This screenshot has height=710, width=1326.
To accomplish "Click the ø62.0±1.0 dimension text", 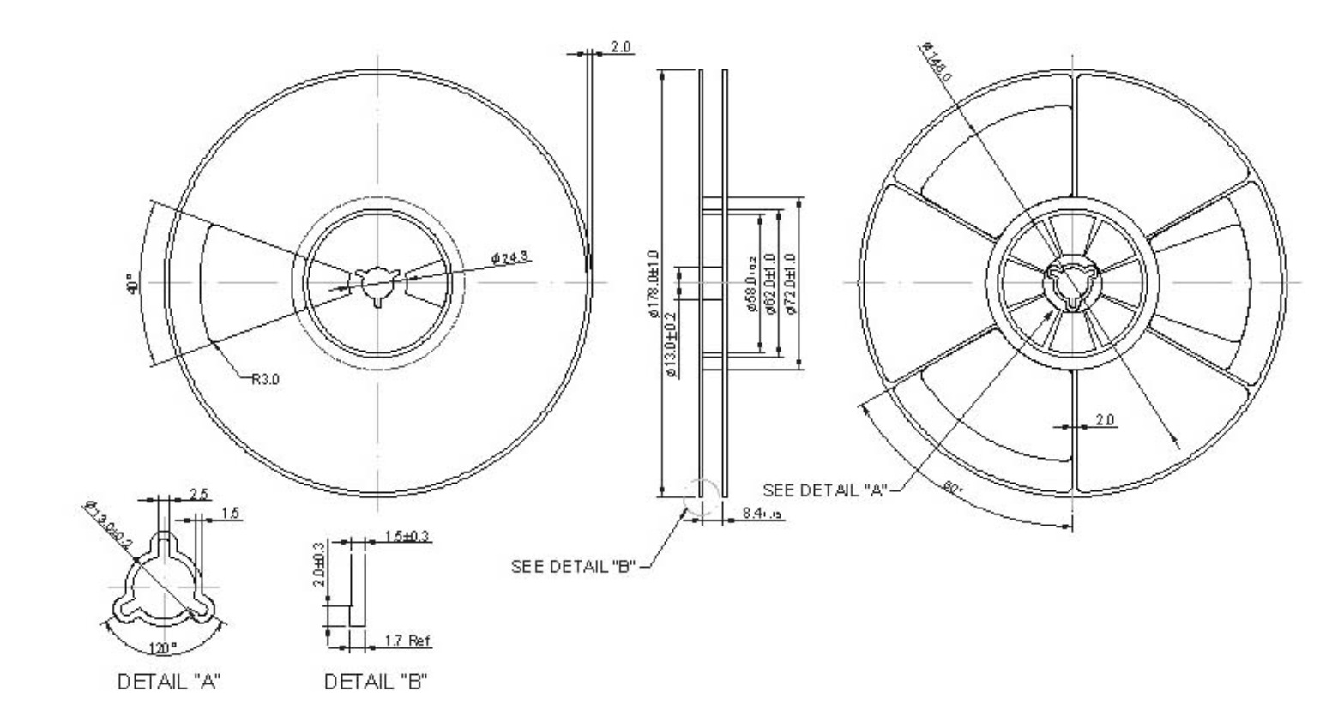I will click(769, 284).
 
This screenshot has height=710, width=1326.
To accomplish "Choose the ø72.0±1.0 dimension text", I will click(789, 284).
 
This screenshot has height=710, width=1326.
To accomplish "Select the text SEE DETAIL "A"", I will click(824, 490).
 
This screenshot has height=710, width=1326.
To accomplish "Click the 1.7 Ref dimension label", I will click(407, 640).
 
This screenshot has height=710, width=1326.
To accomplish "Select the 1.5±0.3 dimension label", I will click(407, 537).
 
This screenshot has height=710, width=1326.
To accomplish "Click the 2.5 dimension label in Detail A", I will click(198, 495).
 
